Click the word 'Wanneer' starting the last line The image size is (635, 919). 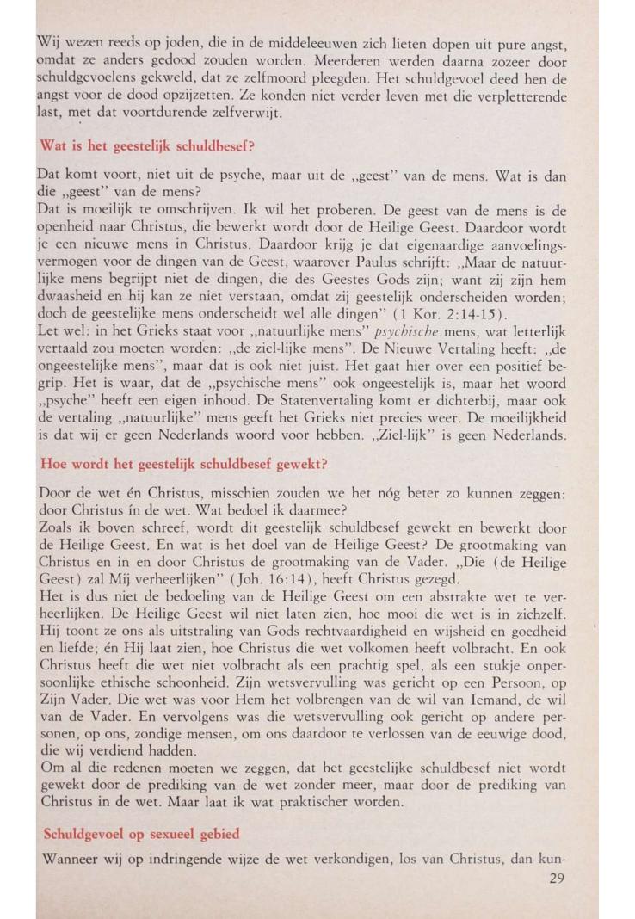pos(71,859)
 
